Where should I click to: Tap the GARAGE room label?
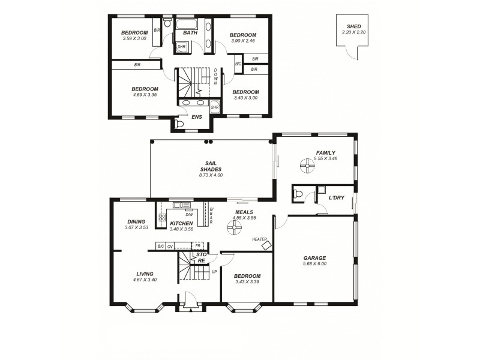314,258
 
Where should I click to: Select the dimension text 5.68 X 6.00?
314,265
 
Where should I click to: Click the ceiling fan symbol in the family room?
307,166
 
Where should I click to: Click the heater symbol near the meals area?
266,245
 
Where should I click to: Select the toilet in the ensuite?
179,124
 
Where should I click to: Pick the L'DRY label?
335,197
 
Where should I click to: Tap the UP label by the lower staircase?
215,271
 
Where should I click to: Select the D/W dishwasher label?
188,214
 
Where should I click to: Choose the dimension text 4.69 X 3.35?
145,95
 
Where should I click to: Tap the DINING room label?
136,221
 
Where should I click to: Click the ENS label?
196,117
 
